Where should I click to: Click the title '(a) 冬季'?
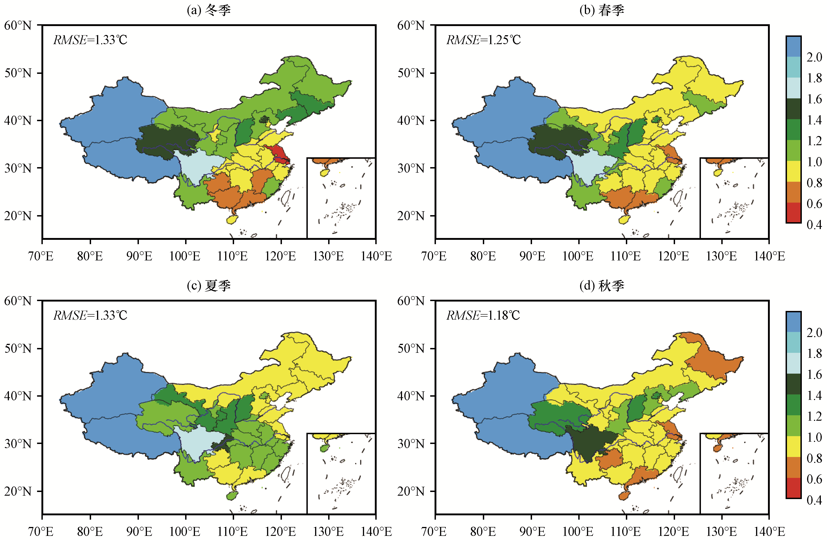(208, 10)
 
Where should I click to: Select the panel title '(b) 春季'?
(602, 10)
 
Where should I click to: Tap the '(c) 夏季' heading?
(208, 286)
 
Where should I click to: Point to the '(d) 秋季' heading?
(602, 286)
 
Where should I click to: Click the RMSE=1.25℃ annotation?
(483, 40)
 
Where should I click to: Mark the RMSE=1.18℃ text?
(483, 315)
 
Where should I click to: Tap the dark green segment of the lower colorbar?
(793, 384)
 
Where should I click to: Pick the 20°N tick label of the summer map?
(18, 491)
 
